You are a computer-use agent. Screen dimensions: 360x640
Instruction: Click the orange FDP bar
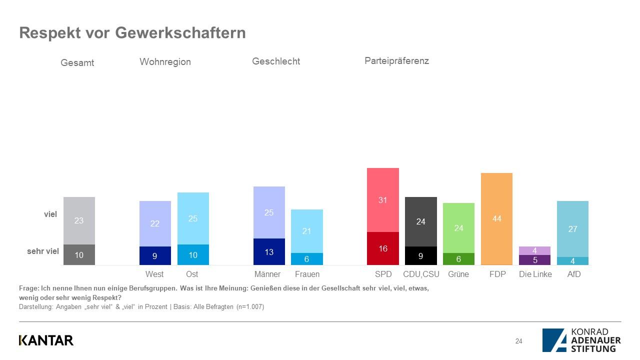496,218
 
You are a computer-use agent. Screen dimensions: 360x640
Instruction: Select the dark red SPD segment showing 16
382,248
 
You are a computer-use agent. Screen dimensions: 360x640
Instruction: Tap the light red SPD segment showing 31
382,200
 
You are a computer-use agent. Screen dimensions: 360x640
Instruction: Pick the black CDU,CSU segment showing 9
420,255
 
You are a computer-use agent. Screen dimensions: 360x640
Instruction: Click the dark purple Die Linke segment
534,260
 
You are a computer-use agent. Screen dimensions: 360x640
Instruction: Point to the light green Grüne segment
458,228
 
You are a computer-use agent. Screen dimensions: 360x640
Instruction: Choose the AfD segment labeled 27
572,229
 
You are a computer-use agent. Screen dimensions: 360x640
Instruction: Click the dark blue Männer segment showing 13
269,251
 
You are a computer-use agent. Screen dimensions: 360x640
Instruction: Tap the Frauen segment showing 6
307,259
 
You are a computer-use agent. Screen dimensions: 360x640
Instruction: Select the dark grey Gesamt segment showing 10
79,255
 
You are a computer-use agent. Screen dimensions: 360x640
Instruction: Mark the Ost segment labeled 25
193,218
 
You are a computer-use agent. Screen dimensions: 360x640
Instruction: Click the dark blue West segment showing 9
155,255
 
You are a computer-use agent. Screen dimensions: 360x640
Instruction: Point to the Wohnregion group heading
165,62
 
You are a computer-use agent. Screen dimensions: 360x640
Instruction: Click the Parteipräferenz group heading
396,61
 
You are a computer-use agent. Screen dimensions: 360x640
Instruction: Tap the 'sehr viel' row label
43,251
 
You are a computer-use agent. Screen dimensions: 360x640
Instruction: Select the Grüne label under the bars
458,274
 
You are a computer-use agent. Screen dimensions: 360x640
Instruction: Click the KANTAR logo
46,340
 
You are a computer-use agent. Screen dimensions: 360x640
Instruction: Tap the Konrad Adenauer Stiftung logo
581,340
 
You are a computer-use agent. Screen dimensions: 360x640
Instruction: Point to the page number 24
518,341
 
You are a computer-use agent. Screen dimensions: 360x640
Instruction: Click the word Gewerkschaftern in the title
180,33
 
